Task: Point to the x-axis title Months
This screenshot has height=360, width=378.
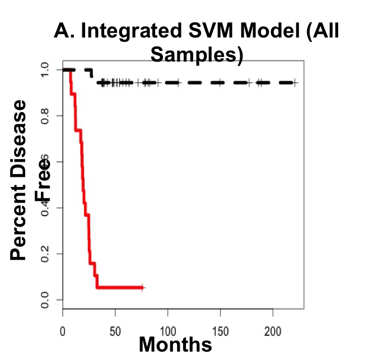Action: [x=175, y=344]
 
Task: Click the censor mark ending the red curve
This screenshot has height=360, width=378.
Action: [x=143, y=287]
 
